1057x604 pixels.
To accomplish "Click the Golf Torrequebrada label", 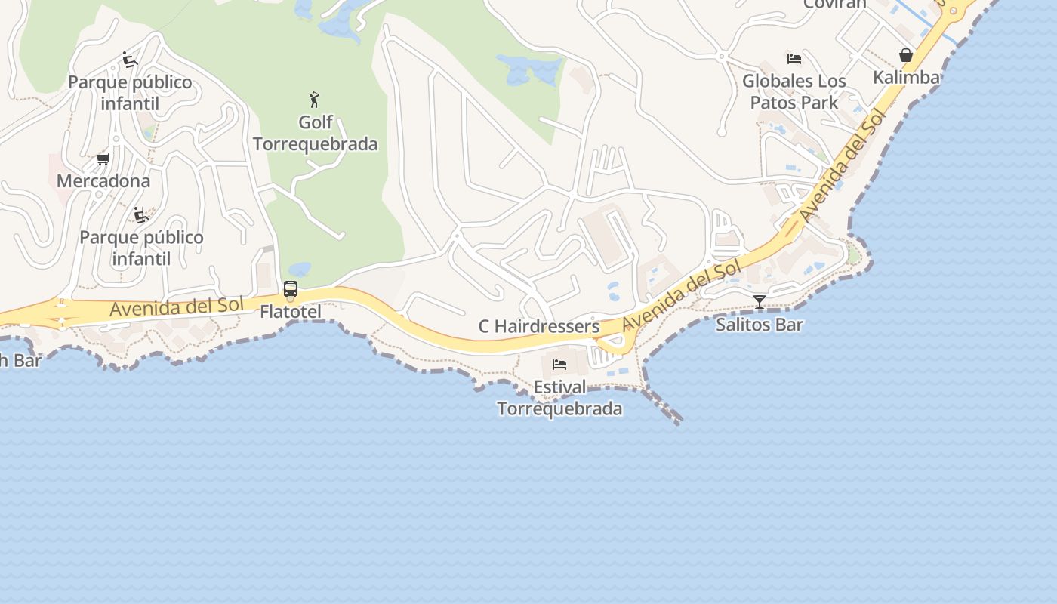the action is tap(315, 133).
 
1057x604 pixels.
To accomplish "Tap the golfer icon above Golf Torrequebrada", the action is tap(314, 99).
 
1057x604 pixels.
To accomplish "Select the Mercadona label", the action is tap(103, 181).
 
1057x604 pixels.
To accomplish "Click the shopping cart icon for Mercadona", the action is tap(103, 159).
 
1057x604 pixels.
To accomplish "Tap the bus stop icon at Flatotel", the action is tap(291, 289).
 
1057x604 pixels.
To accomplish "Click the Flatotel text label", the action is tap(291, 312).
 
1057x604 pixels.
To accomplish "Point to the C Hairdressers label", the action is tap(539, 326).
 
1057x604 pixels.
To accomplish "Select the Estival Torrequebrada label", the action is tap(559, 398).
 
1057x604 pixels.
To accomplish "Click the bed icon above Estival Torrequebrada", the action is tap(559, 365).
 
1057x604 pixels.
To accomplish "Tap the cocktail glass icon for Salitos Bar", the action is tap(760, 302).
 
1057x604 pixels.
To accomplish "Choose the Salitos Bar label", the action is tap(760, 325).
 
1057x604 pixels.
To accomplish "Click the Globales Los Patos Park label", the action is tap(794, 91).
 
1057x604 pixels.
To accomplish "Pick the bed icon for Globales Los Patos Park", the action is tap(794, 58).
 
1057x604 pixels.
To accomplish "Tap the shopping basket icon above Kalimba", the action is tap(906, 55).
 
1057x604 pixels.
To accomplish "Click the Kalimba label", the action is tap(906, 77).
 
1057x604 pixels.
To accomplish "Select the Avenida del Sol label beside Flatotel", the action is tap(176, 307).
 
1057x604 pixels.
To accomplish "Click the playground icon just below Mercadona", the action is tap(140, 215).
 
